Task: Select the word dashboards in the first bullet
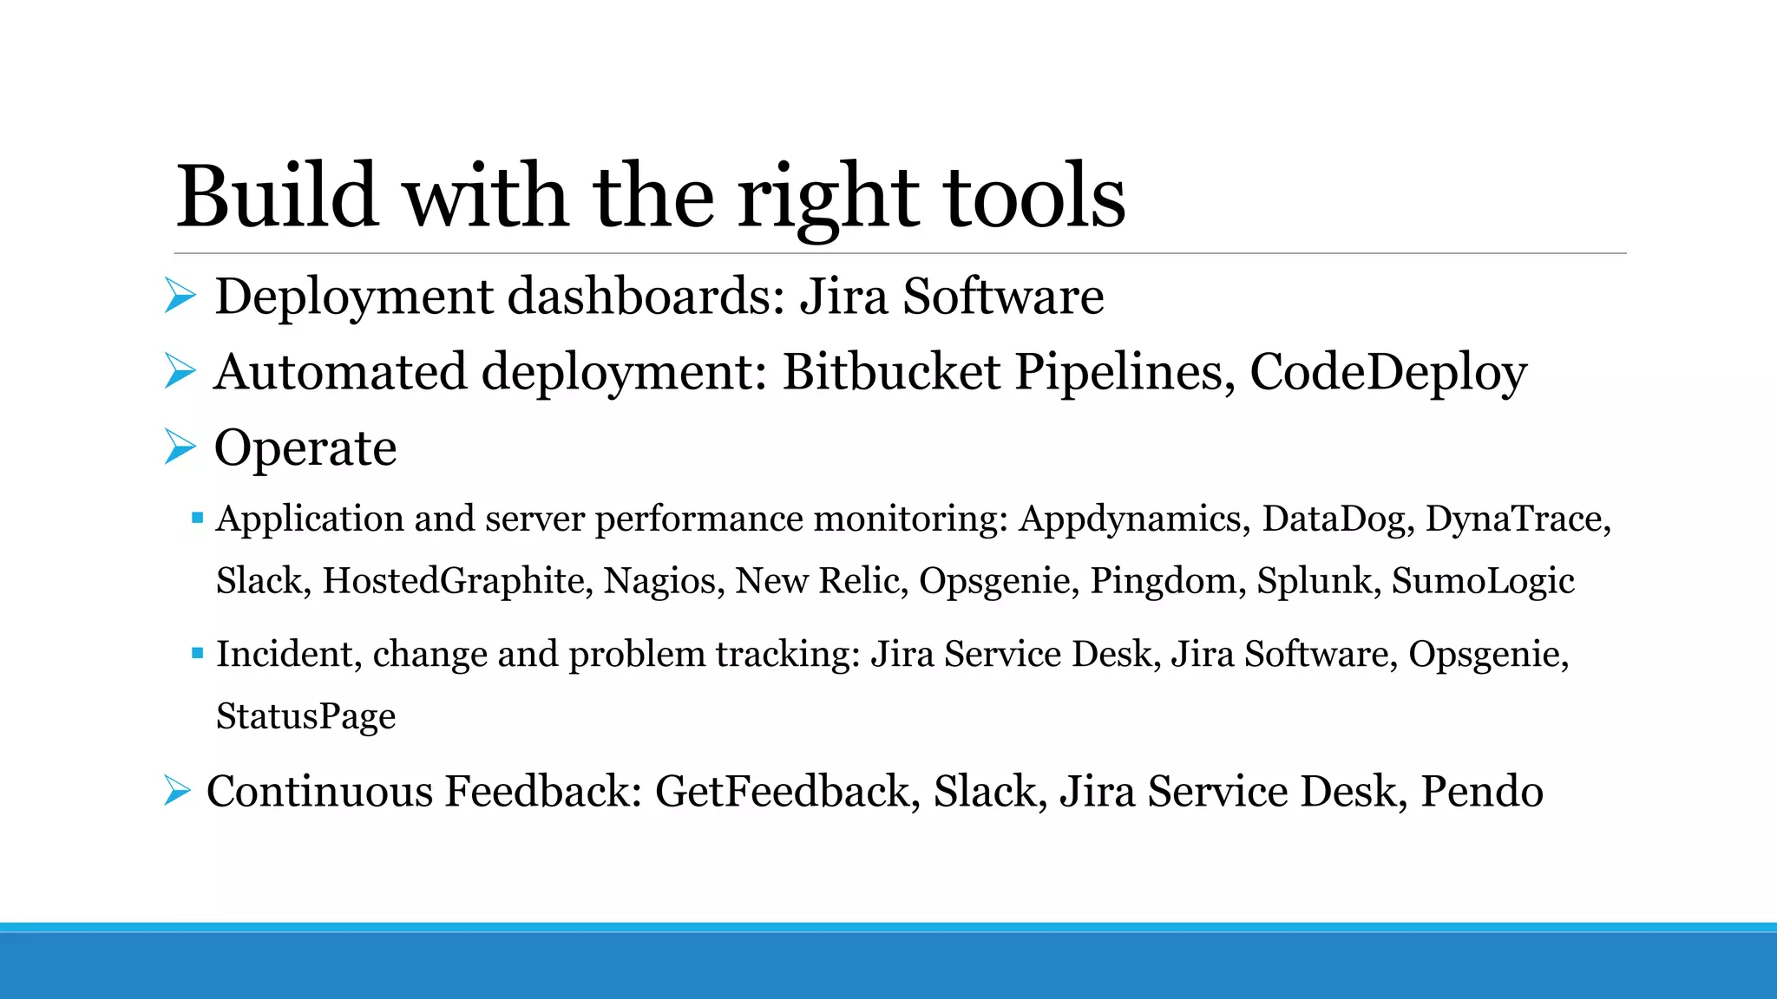(x=646, y=297)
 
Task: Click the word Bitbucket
(x=891, y=372)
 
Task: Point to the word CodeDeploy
(x=1388, y=374)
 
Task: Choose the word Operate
(x=305, y=448)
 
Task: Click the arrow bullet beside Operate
(x=180, y=447)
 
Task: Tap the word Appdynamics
(x=1134, y=519)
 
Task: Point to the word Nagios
(x=664, y=581)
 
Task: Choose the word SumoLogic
(x=1483, y=581)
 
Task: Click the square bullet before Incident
(x=198, y=653)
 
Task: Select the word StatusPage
(x=305, y=716)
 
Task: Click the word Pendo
(x=1482, y=792)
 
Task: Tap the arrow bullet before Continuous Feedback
(x=177, y=791)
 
